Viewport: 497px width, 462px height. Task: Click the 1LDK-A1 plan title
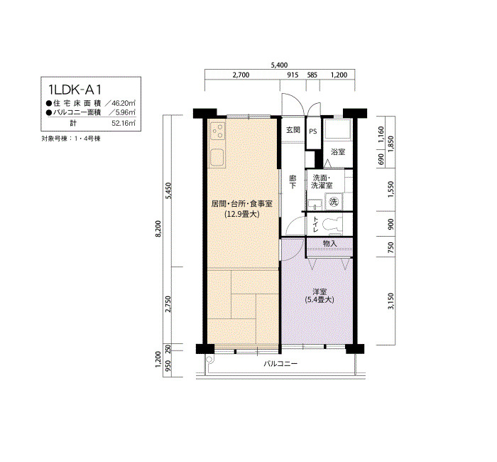coord(75,90)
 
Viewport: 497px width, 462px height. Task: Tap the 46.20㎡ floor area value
coord(124,103)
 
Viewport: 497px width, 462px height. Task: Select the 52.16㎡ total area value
coord(124,123)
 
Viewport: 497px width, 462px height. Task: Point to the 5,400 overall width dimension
coord(279,65)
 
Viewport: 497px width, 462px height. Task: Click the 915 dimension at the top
coord(293,75)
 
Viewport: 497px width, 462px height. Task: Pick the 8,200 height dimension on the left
coord(159,228)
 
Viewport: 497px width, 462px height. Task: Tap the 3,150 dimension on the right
coord(390,301)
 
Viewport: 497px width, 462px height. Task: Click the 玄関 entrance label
coord(293,130)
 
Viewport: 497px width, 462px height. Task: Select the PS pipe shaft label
coord(313,131)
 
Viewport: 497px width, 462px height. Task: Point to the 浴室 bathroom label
coord(338,151)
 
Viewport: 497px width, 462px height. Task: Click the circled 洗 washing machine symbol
coord(334,201)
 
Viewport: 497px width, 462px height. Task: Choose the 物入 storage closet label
coord(329,243)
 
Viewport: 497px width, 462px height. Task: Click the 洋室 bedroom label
coord(319,291)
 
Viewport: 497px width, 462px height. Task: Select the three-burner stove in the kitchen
coord(217,131)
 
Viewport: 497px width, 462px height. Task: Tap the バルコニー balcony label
coord(280,364)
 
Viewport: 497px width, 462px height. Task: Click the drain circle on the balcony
coord(209,359)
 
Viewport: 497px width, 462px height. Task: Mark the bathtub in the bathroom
coord(337,129)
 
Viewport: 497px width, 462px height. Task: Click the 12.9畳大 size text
coord(242,214)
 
